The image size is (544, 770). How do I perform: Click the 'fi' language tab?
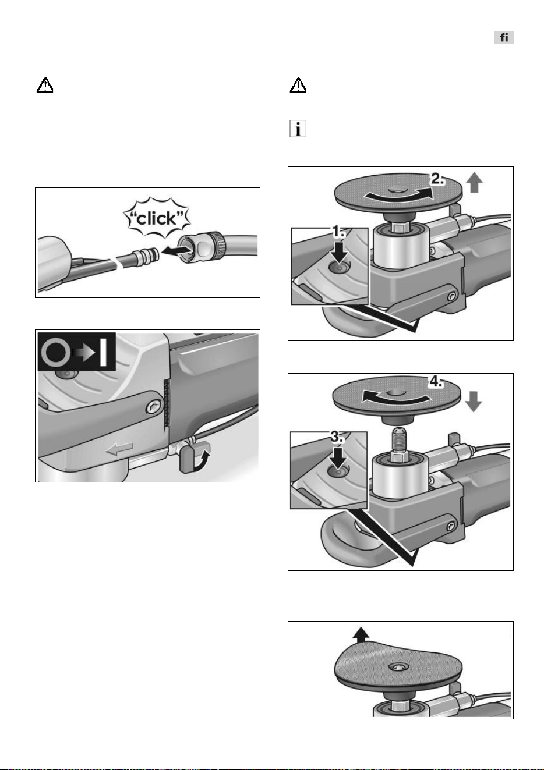click(x=503, y=37)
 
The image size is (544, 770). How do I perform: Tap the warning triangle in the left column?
click(x=45, y=85)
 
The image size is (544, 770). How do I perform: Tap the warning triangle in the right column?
click(x=298, y=85)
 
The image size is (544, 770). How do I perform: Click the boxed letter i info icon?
click(x=298, y=129)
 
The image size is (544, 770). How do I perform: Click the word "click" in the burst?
click(x=157, y=218)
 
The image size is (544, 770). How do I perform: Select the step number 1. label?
click(x=338, y=233)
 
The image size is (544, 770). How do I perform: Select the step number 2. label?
click(x=437, y=179)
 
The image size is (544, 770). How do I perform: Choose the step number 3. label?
click(x=337, y=437)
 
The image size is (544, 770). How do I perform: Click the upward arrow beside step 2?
click(x=475, y=183)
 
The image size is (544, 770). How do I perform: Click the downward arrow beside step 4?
click(x=474, y=401)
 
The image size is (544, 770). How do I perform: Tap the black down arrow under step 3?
click(x=338, y=457)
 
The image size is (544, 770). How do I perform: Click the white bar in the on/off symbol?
click(x=103, y=352)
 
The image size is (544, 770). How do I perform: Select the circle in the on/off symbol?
click(x=56, y=352)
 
